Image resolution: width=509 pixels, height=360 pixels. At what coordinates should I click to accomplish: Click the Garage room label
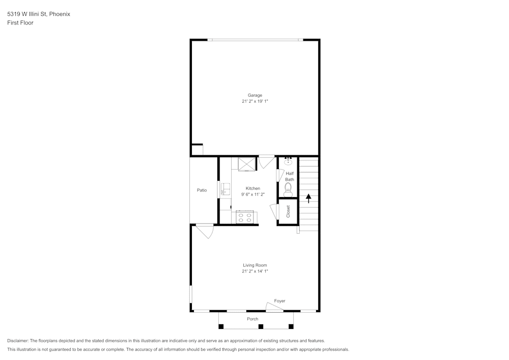254,95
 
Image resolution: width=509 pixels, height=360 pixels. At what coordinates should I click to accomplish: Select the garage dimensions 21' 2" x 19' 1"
254,101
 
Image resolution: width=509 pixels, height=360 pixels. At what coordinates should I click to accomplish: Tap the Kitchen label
253,188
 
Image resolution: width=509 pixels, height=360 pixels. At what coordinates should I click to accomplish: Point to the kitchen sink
225,190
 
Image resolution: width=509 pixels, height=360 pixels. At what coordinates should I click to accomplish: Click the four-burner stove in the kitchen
244,217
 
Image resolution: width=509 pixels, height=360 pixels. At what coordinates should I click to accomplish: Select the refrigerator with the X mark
247,164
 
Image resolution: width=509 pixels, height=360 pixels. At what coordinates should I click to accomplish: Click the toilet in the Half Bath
288,190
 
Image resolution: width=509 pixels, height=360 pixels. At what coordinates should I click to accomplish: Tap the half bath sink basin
288,161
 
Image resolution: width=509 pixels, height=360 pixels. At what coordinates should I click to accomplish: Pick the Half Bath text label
289,176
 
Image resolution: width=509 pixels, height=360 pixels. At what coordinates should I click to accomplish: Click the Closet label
288,211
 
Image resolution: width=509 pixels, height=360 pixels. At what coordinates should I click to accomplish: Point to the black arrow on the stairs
308,198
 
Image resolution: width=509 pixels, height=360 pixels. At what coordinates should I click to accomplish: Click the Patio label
202,190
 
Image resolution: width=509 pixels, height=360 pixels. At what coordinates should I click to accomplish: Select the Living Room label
254,265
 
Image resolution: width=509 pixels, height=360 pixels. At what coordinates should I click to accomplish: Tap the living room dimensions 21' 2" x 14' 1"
254,271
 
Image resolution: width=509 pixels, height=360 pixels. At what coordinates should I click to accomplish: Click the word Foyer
279,301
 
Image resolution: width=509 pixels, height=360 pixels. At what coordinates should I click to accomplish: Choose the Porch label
252,319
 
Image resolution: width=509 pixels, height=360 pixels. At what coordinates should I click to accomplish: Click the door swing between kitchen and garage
266,162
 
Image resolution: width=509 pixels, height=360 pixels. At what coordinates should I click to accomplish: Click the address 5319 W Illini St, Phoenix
39,14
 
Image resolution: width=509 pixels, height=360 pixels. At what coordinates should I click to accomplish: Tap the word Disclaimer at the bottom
18,341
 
